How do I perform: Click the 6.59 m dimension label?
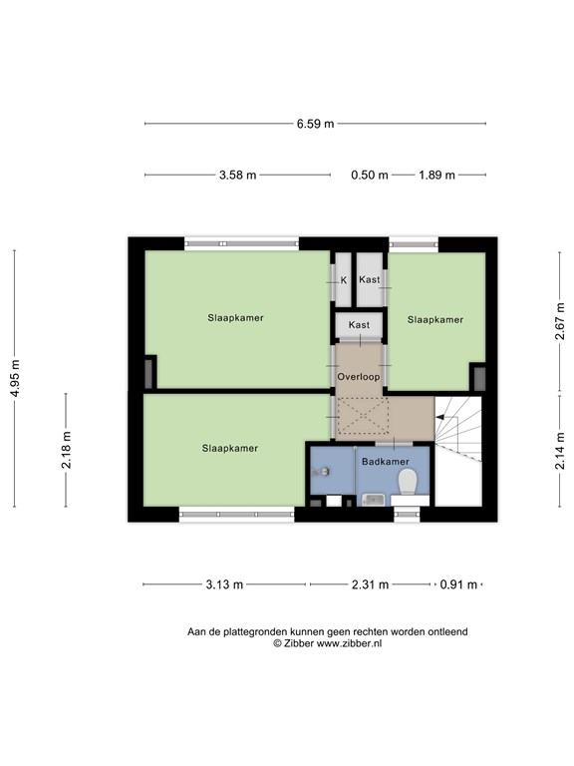[315, 124]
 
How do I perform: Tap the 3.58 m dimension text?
[238, 175]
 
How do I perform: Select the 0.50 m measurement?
[370, 175]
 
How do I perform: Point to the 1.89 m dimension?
[436, 175]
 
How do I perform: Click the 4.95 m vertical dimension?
[15, 378]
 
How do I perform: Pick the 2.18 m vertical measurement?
[67, 450]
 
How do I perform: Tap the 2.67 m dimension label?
[560, 321]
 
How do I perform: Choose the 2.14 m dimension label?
[560, 451]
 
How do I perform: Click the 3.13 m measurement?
[224, 584]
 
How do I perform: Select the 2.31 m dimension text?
[371, 584]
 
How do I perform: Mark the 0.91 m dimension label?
[458, 584]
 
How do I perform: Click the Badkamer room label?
[385, 461]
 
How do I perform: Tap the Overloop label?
[359, 377]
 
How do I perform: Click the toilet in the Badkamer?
[408, 482]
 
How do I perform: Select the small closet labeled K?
[343, 280]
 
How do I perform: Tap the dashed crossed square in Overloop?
[363, 416]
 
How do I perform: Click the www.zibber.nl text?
[350, 643]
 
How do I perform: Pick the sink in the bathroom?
[374, 500]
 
